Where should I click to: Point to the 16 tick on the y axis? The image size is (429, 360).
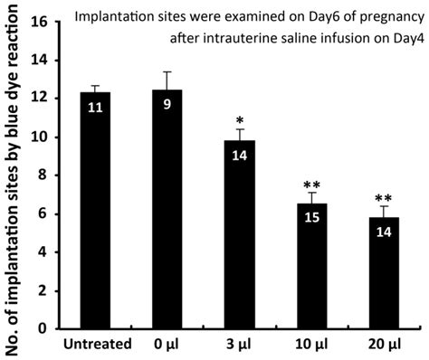pyautogui.click(x=47, y=21)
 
